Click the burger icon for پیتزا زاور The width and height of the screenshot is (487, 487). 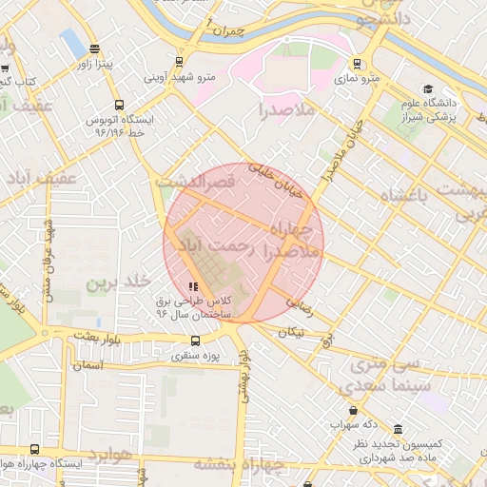click(93, 49)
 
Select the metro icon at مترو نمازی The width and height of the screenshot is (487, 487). click(357, 64)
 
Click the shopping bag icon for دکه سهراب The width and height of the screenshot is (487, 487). click(338, 411)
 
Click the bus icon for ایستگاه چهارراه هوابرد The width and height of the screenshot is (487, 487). click(35, 449)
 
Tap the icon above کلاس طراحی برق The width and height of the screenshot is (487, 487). click(193, 285)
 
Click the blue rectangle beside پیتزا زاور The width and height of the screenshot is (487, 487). click(72, 43)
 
